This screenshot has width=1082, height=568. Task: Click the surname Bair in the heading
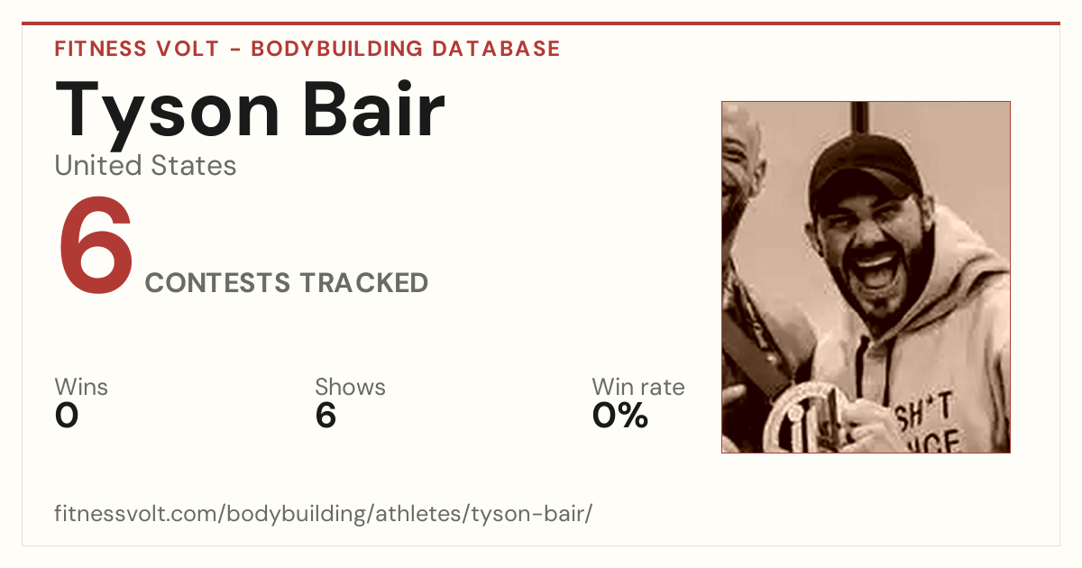point(374,109)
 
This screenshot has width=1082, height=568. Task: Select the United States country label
point(145,165)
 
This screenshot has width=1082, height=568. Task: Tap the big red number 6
point(96,245)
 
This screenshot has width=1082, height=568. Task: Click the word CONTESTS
point(218,282)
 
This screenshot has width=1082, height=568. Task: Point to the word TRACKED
point(364,282)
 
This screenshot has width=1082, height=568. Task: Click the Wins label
point(81,387)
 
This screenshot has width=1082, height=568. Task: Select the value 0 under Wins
point(67,416)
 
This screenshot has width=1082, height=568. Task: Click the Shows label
point(350,387)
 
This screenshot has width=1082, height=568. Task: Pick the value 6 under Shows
point(326,416)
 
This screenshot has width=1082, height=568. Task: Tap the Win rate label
point(638,387)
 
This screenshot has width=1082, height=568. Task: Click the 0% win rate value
point(620,416)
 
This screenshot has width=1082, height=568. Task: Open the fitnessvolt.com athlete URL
point(323,513)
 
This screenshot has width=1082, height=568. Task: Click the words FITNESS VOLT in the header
point(137,49)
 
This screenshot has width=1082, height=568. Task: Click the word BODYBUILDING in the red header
point(337,49)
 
